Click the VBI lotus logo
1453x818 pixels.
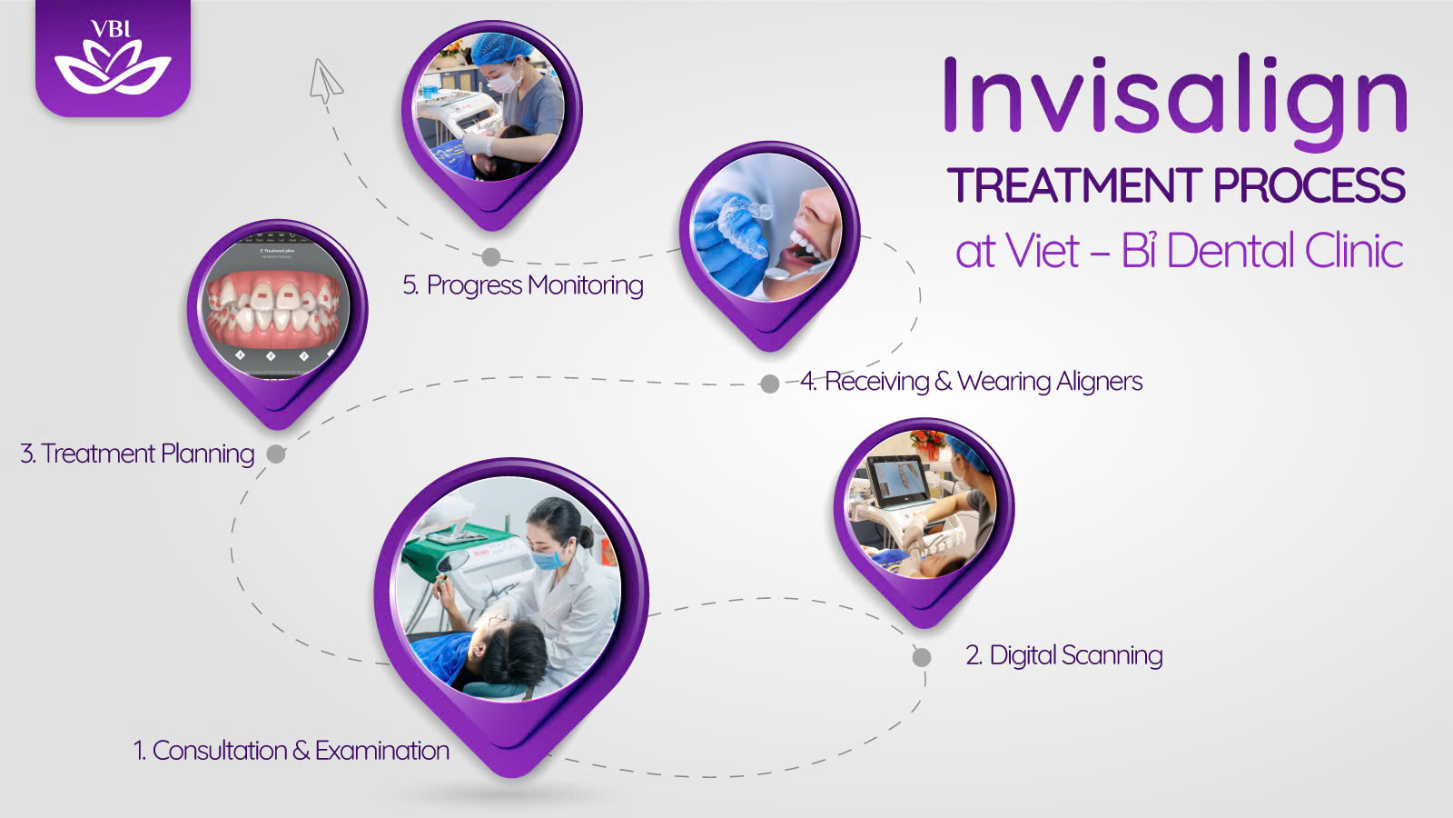[x=113, y=58]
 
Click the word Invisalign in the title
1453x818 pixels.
[x=1175, y=101]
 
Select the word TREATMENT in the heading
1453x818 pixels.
[x=1075, y=185]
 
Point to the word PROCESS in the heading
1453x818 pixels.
[x=1310, y=185]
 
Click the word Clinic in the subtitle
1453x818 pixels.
[x=1354, y=251]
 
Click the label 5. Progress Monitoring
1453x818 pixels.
[x=523, y=285]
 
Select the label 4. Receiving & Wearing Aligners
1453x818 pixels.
[x=971, y=381]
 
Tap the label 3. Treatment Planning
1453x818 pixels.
[x=137, y=454]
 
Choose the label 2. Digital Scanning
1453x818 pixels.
[x=1063, y=655]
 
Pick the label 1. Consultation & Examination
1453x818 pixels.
[x=292, y=751]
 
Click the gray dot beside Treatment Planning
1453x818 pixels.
[x=276, y=454]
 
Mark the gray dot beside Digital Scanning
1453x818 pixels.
[x=922, y=657]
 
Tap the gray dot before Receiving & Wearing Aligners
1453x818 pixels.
[x=770, y=384]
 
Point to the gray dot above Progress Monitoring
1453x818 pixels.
[x=491, y=257]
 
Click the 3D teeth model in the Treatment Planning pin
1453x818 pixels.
[x=274, y=310]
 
